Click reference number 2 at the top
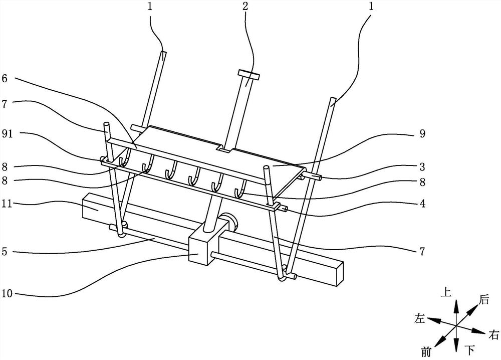tap(245, 7)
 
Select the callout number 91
tap(8, 133)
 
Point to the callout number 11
tap(7, 204)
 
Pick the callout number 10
tap(7, 293)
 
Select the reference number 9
tap(422, 133)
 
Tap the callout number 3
tap(422, 166)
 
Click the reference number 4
tap(422, 204)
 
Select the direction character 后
tap(484, 300)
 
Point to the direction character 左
tap(419, 318)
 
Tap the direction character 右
tap(493, 335)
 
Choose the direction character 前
tap(426, 352)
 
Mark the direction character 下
tap(469, 350)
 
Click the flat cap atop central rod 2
tap(248, 75)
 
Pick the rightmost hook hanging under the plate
tap(240, 189)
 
